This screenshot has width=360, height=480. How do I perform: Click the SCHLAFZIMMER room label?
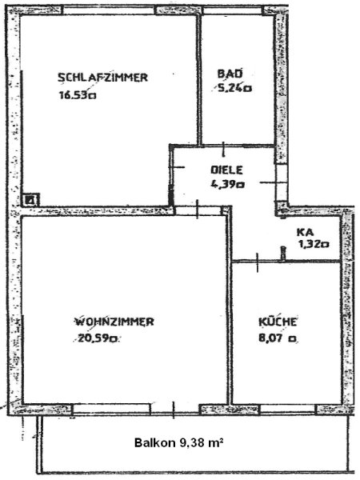click(103, 77)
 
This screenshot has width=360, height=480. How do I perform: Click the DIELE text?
click(226, 170)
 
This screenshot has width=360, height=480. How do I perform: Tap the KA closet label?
click(306, 232)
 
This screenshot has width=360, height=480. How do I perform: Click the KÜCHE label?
click(278, 322)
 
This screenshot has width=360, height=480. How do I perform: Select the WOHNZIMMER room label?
click(114, 322)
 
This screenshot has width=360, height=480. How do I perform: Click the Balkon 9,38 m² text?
click(178, 442)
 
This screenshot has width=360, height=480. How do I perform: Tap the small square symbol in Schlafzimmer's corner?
click(31, 200)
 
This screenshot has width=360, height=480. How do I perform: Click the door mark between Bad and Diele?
click(224, 149)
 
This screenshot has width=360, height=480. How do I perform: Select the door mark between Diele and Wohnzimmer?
click(197, 209)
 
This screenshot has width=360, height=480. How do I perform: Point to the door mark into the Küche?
click(257, 262)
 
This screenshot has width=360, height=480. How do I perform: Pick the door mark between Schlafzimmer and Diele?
click(178, 167)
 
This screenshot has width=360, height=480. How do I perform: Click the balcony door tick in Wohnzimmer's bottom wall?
click(174, 410)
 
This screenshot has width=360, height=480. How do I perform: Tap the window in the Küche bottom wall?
click(287, 409)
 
